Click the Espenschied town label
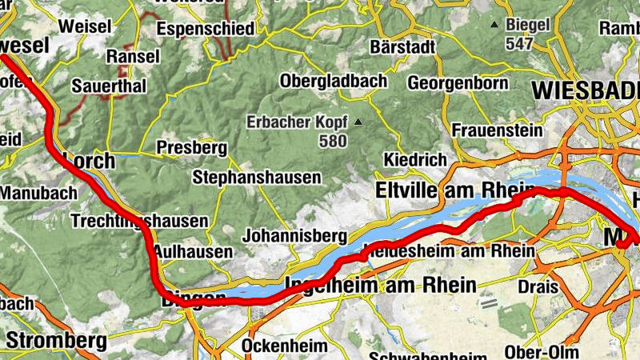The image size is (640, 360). pos(206,30)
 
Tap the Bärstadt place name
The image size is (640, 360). pos(403,47)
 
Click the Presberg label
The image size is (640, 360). pos(192,148)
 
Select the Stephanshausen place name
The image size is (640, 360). pos(257,177)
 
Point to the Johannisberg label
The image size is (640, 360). pos(294,236)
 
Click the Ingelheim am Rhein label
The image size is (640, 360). pos(381,285)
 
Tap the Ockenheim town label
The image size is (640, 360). pos(285,346)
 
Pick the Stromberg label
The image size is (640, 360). pos(56,342)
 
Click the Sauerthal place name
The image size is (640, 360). pos(109,86)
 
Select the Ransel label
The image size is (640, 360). pos(133,57)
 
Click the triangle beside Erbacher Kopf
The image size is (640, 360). pos(358,122)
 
